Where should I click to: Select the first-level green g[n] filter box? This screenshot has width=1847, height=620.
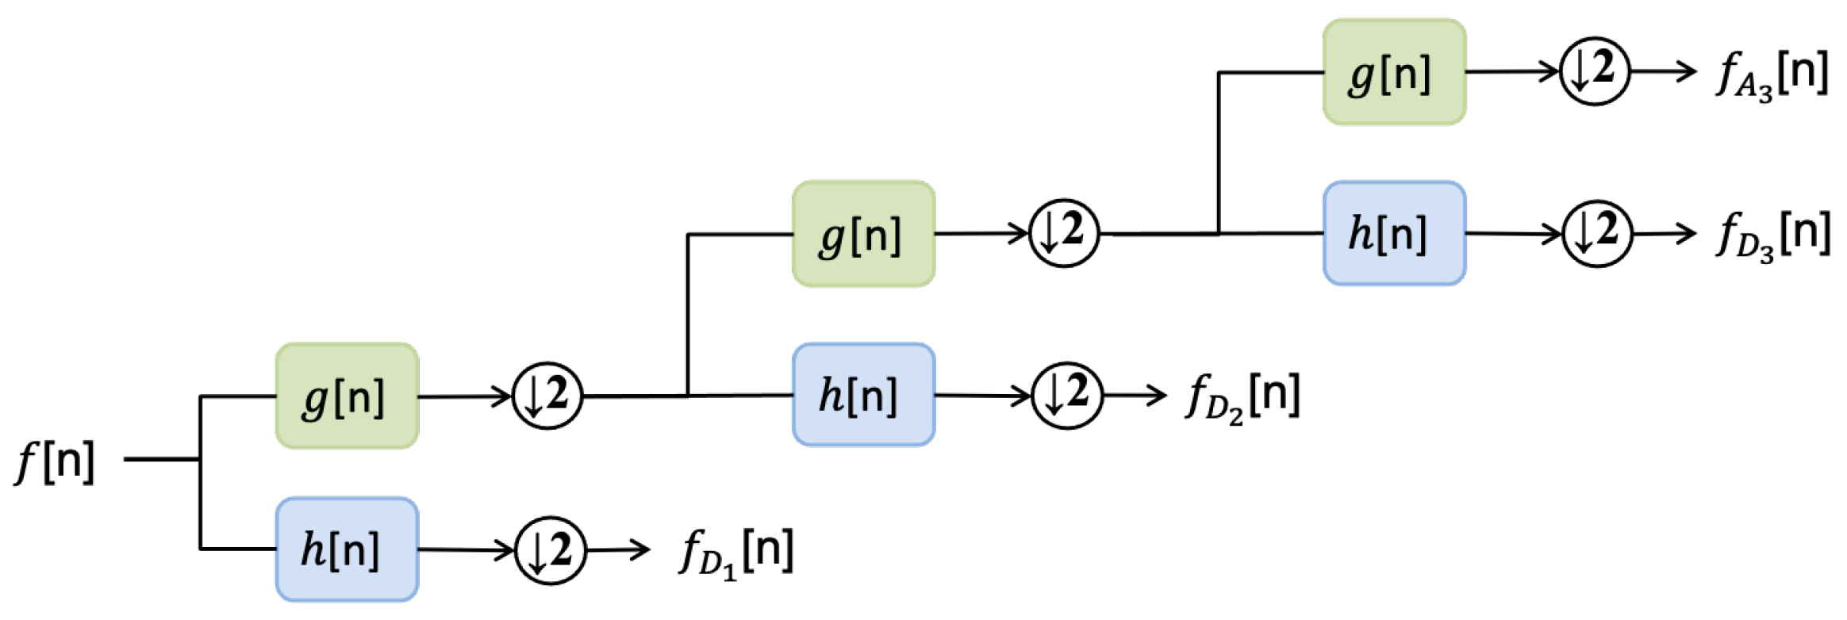[x=347, y=396]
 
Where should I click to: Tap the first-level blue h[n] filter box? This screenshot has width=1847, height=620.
[x=347, y=549]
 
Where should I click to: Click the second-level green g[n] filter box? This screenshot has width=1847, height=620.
[x=863, y=234]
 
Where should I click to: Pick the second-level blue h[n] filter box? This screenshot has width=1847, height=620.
[x=863, y=394]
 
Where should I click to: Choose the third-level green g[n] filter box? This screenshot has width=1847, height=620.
[x=1394, y=72]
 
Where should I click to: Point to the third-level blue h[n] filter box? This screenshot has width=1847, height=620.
[x=1394, y=233]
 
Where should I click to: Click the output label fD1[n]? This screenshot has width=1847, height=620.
[x=736, y=551]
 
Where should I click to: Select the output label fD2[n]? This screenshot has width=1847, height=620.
[x=1242, y=396]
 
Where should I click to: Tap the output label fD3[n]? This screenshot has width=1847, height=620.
[x=1774, y=235]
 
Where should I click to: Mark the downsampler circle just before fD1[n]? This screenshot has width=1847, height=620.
[x=551, y=550]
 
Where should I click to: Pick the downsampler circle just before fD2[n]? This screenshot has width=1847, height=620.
[x=1067, y=395]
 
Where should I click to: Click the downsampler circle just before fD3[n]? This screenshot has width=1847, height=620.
[x=1597, y=233]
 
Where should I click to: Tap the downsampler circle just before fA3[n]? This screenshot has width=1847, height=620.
[x=1595, y=71]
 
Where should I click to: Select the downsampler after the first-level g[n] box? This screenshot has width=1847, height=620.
[x=547, y=395]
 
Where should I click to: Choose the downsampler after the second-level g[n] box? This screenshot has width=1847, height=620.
[x=1064, y=233]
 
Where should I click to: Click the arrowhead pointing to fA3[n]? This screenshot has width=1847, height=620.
[x=1688, y=71]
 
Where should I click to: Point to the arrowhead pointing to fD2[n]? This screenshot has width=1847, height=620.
[x=1158, y=395]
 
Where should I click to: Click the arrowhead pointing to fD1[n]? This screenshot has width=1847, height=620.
[x=642, y=549]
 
